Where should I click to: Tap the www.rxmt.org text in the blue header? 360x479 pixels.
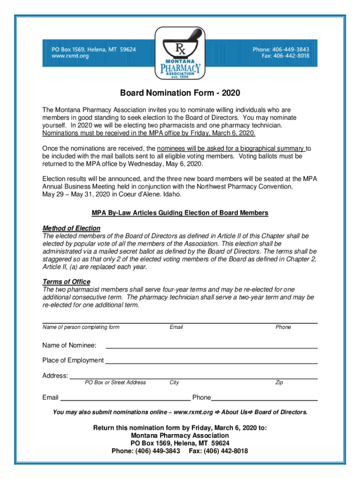coord(70,56)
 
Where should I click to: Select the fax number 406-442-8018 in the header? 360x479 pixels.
coord(285,56)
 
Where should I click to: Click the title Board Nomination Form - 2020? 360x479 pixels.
coord(180,93)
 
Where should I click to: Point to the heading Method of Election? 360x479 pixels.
coord(71,228)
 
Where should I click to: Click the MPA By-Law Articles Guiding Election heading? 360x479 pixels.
coord(180,213)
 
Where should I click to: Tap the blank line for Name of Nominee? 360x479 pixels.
coord(212,347)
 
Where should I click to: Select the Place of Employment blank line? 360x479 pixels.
coord(211,362)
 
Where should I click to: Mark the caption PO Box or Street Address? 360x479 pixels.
coord(115,383)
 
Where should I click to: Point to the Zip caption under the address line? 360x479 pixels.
coord(279,383)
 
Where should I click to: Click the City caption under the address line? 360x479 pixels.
coord(174,383)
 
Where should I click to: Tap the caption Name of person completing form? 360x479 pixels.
coord(81,327)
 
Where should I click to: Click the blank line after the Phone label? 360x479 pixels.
coord(264,399)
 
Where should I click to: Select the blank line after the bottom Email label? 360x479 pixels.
coord(126,399)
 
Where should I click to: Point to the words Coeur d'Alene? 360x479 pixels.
coord(138,194)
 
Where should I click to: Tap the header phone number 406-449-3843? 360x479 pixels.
coord(289,49)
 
